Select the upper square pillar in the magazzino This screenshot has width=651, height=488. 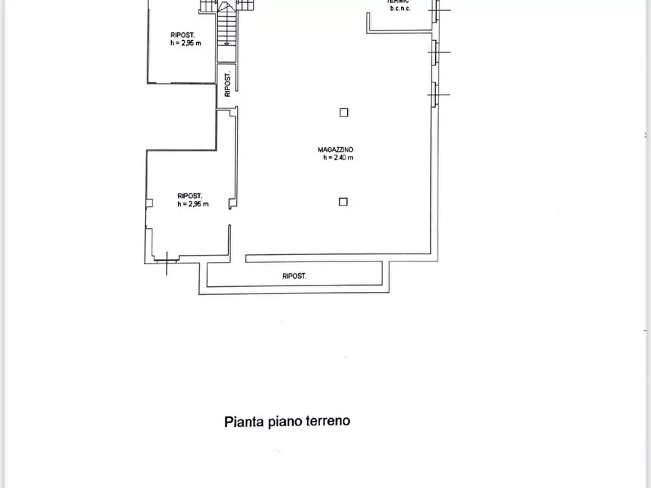[344, 112]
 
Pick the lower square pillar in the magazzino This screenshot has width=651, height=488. [344, 202]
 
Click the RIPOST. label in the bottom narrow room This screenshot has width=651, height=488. [295, 276]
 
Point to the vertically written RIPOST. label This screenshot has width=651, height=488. [227, 84]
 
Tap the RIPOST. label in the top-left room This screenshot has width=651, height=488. [182, 35]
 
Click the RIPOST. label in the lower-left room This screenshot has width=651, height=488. [190, 195]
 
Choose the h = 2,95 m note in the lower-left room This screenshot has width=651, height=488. [192, 204]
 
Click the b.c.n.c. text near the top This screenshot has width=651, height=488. [399, 9]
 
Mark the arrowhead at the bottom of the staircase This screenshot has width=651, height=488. [227, 43]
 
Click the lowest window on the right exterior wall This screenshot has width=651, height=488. [435, 95]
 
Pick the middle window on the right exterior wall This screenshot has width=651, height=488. [435, 52]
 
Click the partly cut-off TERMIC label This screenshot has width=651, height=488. [399, 2]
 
